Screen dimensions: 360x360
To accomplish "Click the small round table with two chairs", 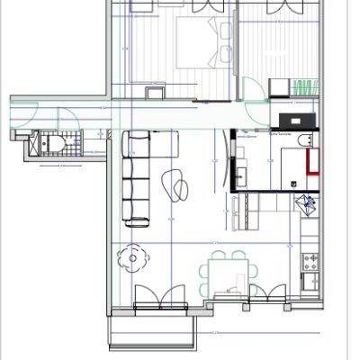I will click(133, 259).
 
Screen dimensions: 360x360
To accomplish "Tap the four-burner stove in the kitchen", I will click(309, 260).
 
